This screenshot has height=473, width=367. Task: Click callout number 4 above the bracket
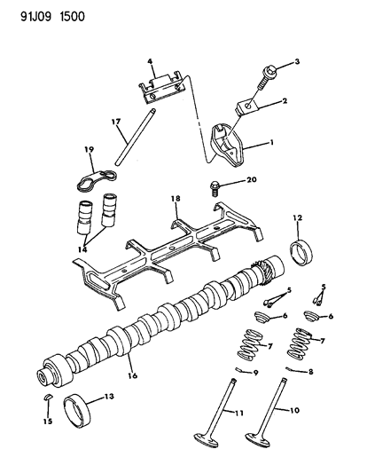point(151,61)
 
